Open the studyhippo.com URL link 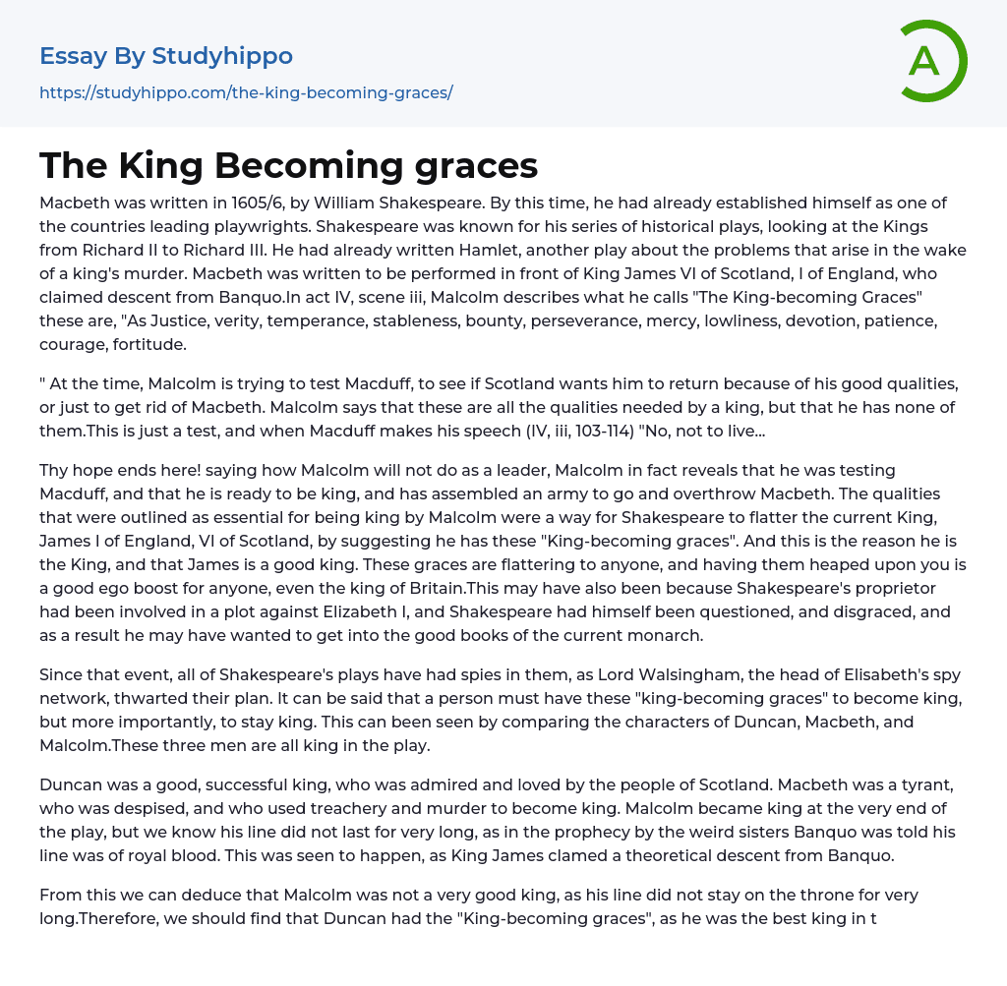coord(246,92)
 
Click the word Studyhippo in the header coord(222,56)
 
